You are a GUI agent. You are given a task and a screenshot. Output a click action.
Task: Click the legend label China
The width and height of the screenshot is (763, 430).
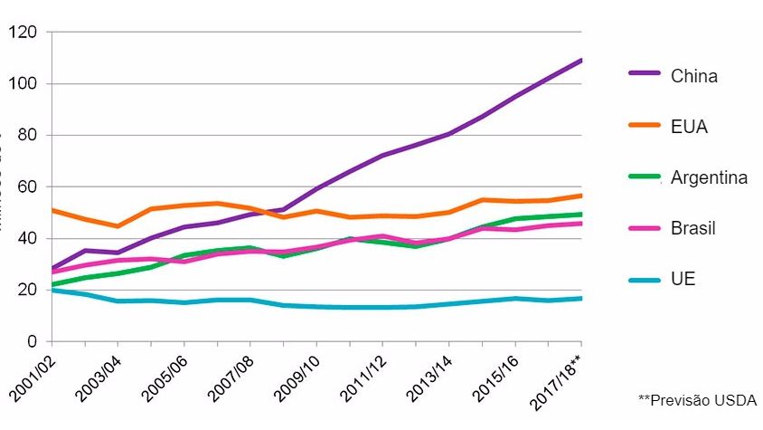[693, 76]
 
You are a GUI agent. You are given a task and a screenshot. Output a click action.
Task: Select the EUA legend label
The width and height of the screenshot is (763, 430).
[689, 127]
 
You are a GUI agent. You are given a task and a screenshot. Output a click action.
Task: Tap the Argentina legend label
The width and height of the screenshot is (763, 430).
[709, 177]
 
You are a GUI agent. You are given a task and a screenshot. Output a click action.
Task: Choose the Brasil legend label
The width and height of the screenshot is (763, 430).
[692, 228]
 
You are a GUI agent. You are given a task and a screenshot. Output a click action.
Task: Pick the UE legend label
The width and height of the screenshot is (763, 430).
[683, 279]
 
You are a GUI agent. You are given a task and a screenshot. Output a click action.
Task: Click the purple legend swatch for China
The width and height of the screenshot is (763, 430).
[645, 76]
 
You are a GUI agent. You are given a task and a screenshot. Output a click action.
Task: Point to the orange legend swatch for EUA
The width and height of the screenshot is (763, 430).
[645, 127]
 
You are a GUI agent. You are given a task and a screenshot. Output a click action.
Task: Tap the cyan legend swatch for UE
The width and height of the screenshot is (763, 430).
[645, 279]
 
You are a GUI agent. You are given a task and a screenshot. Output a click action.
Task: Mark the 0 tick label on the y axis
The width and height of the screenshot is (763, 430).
[32, 342]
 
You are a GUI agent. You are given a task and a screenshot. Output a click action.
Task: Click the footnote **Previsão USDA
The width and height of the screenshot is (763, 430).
[697, 400]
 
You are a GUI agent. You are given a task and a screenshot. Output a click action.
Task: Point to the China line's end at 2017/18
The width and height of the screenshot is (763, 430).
[580, 61]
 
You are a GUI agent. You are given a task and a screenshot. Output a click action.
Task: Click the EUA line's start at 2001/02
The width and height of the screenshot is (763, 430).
[52, 210]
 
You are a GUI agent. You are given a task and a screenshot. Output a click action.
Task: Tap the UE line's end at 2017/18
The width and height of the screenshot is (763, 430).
[580, 298]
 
